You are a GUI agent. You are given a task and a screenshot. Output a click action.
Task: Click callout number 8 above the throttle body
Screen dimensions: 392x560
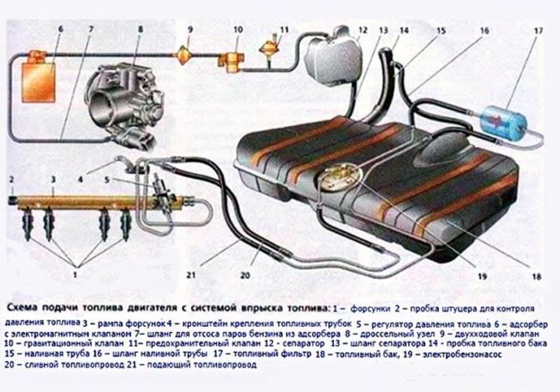(x=141, y=31)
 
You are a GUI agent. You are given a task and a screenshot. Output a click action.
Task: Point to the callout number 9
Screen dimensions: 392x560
(x=190, y=31)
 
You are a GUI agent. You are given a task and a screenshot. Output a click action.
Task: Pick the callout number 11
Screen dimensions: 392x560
(x=285, y=30)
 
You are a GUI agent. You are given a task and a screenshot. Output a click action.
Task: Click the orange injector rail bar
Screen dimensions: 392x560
(x=92, y=200)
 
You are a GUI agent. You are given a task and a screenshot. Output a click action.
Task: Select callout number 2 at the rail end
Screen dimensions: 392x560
(x=12, y=179)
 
